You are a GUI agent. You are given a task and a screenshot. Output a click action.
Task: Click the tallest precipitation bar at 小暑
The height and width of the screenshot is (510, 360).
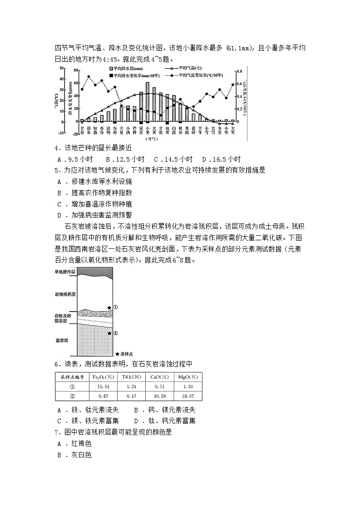[148, 102]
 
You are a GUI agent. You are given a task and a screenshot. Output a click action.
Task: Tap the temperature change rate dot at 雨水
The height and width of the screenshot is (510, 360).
[89, 77]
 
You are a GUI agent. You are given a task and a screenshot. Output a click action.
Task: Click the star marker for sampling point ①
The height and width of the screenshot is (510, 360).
[109, 308]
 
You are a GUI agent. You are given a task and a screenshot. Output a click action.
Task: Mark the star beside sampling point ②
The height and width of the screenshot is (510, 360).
[109, 333]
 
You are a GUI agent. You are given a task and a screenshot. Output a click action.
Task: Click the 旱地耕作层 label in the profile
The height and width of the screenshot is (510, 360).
[65, 272]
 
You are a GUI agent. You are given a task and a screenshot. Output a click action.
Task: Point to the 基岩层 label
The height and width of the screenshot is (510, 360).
[61, 340]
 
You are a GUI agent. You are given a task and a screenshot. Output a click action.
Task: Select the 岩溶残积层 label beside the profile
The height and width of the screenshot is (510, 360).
[65, 294]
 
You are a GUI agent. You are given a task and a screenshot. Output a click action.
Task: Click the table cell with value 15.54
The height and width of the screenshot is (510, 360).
[104, 386]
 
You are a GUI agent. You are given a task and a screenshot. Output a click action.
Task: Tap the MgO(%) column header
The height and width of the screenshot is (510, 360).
[187, 377]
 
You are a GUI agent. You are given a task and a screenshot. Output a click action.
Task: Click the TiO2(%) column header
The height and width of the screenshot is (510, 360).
[131, 377]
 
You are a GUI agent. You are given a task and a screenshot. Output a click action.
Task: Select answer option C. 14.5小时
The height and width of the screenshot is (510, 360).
[173, 159]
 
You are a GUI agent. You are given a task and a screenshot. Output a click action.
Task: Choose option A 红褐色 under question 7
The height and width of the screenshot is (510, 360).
[75, 444]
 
